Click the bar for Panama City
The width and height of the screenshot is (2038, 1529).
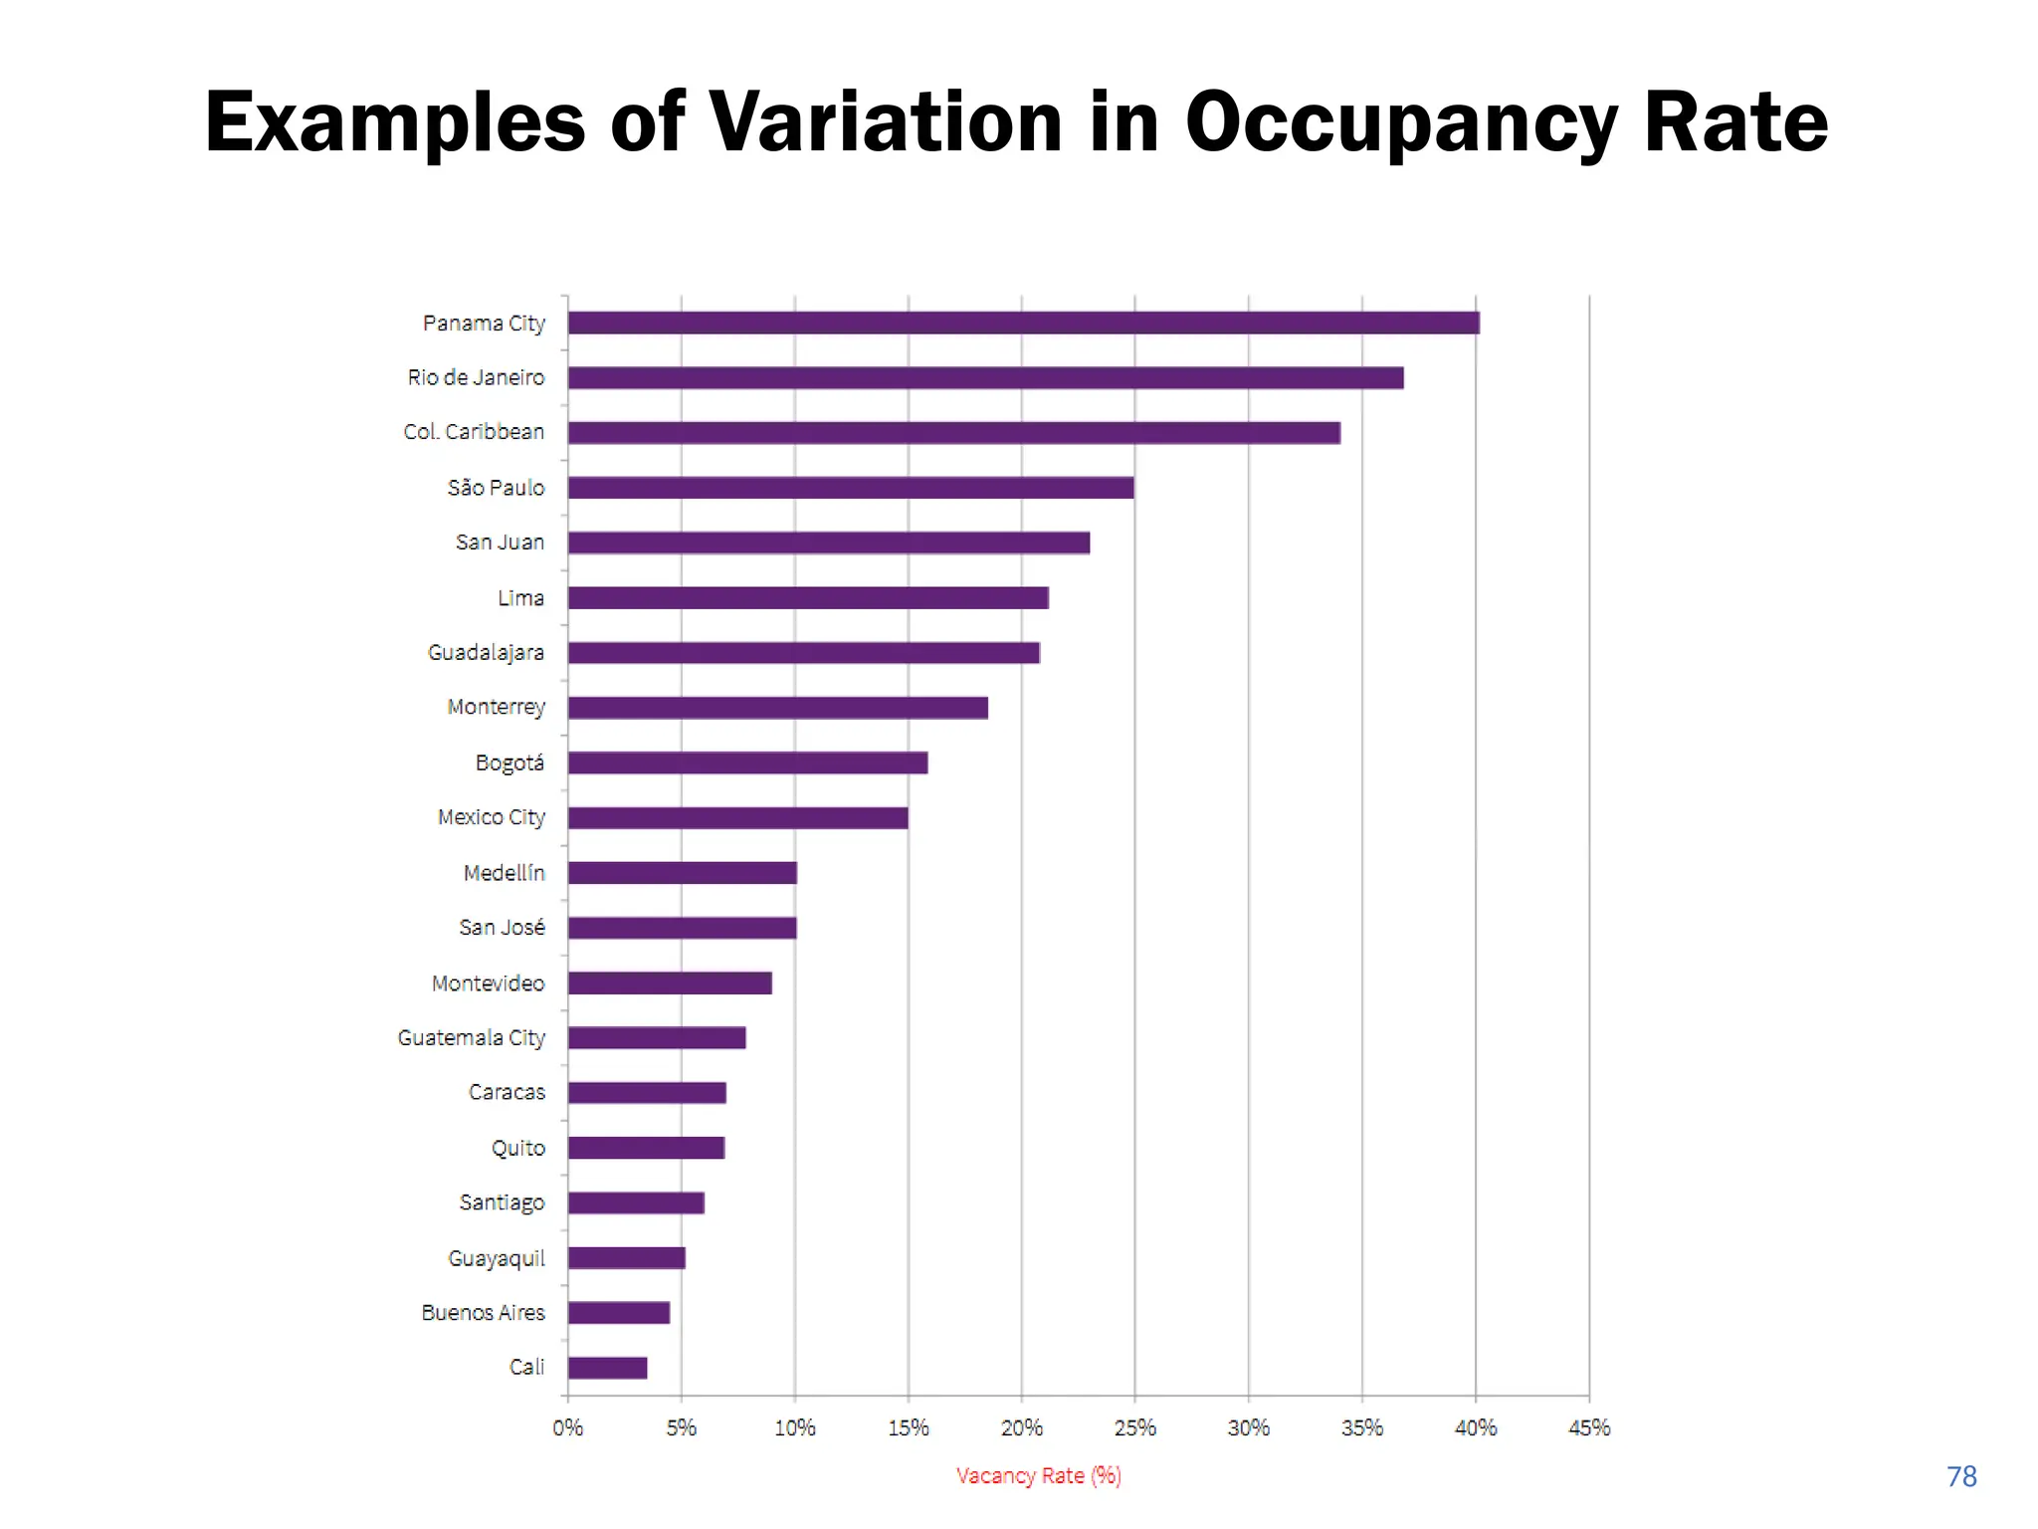(x=1023, y=323)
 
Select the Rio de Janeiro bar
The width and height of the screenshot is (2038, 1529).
(x=985, y=378)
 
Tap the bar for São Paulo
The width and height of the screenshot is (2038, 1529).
(x=851, y=488)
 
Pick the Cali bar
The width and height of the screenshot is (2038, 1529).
(x=607, y=1368)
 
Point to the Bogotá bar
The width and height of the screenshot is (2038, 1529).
(x=747, y=763)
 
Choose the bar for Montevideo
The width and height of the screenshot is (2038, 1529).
(x=670, y=983)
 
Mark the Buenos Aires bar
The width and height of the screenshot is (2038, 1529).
(x=618, y=1313)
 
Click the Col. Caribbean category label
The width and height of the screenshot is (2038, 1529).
(x=474, y=432)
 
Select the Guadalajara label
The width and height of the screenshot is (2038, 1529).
(x=486, y=653)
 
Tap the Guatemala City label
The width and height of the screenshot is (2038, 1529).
(x=471, y=1038)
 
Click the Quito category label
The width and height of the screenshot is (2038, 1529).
(x=517, y=1148)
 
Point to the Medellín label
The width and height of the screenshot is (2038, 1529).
(x=504, y=873)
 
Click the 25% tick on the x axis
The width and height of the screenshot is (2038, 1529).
(x=1134, y=1427)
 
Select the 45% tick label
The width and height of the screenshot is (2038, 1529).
(x=1588, y=1427)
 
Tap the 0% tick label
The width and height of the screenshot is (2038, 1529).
(x=567, y=1427)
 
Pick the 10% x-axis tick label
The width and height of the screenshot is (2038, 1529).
(x=794, y=1427)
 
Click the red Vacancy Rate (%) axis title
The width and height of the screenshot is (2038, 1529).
(x=1038, y=1475)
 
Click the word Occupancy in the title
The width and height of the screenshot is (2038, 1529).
(x=1401, y=123)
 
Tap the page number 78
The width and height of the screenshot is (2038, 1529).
(x=1960, y=1476)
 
